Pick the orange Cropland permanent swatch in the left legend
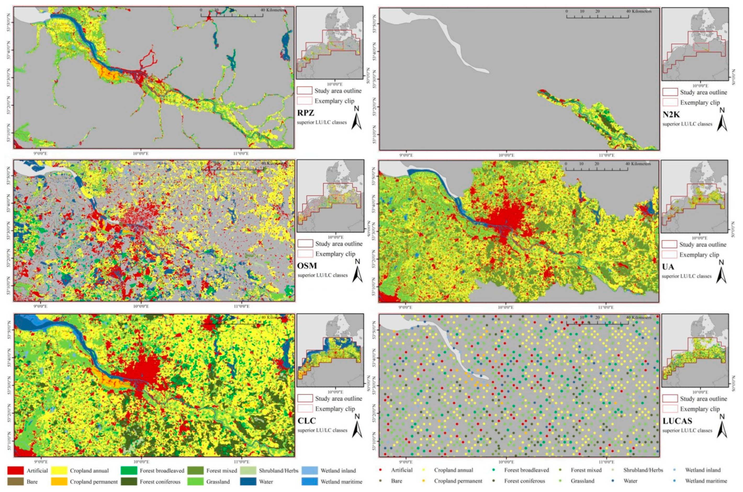59,481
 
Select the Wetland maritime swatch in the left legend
309,481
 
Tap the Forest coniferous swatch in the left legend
129,481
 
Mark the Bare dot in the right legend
380,481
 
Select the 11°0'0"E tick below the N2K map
607,155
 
